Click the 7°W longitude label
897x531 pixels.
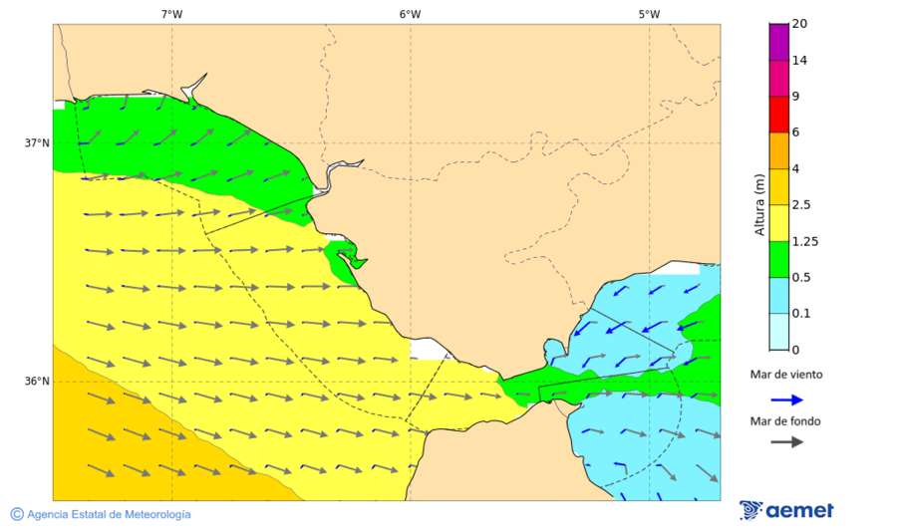point(171,14)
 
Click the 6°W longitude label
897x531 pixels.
point(410,14)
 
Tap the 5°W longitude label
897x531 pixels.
point(649,14)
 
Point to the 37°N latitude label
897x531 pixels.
point(37,142)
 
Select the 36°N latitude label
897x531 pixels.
point(37,381)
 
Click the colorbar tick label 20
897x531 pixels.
point(798,24)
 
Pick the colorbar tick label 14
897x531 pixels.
point(798,60)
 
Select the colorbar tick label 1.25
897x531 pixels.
point(804,241)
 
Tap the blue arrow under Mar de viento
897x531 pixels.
point(786,399)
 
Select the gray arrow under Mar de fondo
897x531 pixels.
point(786,441)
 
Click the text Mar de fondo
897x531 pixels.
point(785,421)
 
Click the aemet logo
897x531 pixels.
point(786,510)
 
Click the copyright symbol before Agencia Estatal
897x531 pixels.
point(17,514)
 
